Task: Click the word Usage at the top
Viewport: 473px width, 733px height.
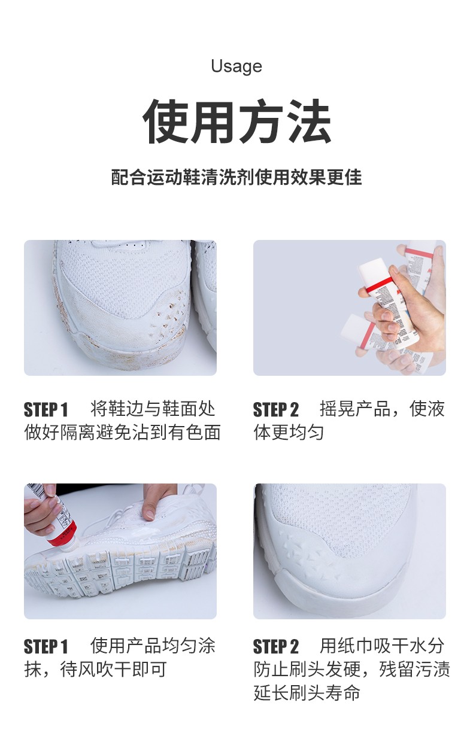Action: coord(236,66)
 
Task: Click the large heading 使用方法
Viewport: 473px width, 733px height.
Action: coord(236,122)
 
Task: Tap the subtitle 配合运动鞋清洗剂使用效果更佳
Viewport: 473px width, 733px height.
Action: coord(236,178)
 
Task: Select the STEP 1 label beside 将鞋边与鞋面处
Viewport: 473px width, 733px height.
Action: coord(46,410)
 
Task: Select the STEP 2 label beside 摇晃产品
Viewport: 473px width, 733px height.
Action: coord(275,410)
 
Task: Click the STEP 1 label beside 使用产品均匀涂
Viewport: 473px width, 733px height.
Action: coord(46,647)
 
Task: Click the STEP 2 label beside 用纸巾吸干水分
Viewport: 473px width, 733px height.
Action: coord(275,647)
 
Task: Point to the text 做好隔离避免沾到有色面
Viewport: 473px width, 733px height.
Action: coord(123,432)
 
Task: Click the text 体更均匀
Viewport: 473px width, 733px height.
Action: coord(289,432)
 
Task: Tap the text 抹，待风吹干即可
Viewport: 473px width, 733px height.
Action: coord(95,669)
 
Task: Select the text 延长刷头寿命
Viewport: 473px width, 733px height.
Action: coord(307,693)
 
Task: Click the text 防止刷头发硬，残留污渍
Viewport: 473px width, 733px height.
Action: coord(351,669)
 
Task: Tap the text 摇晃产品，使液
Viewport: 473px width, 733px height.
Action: coord(382,409)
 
